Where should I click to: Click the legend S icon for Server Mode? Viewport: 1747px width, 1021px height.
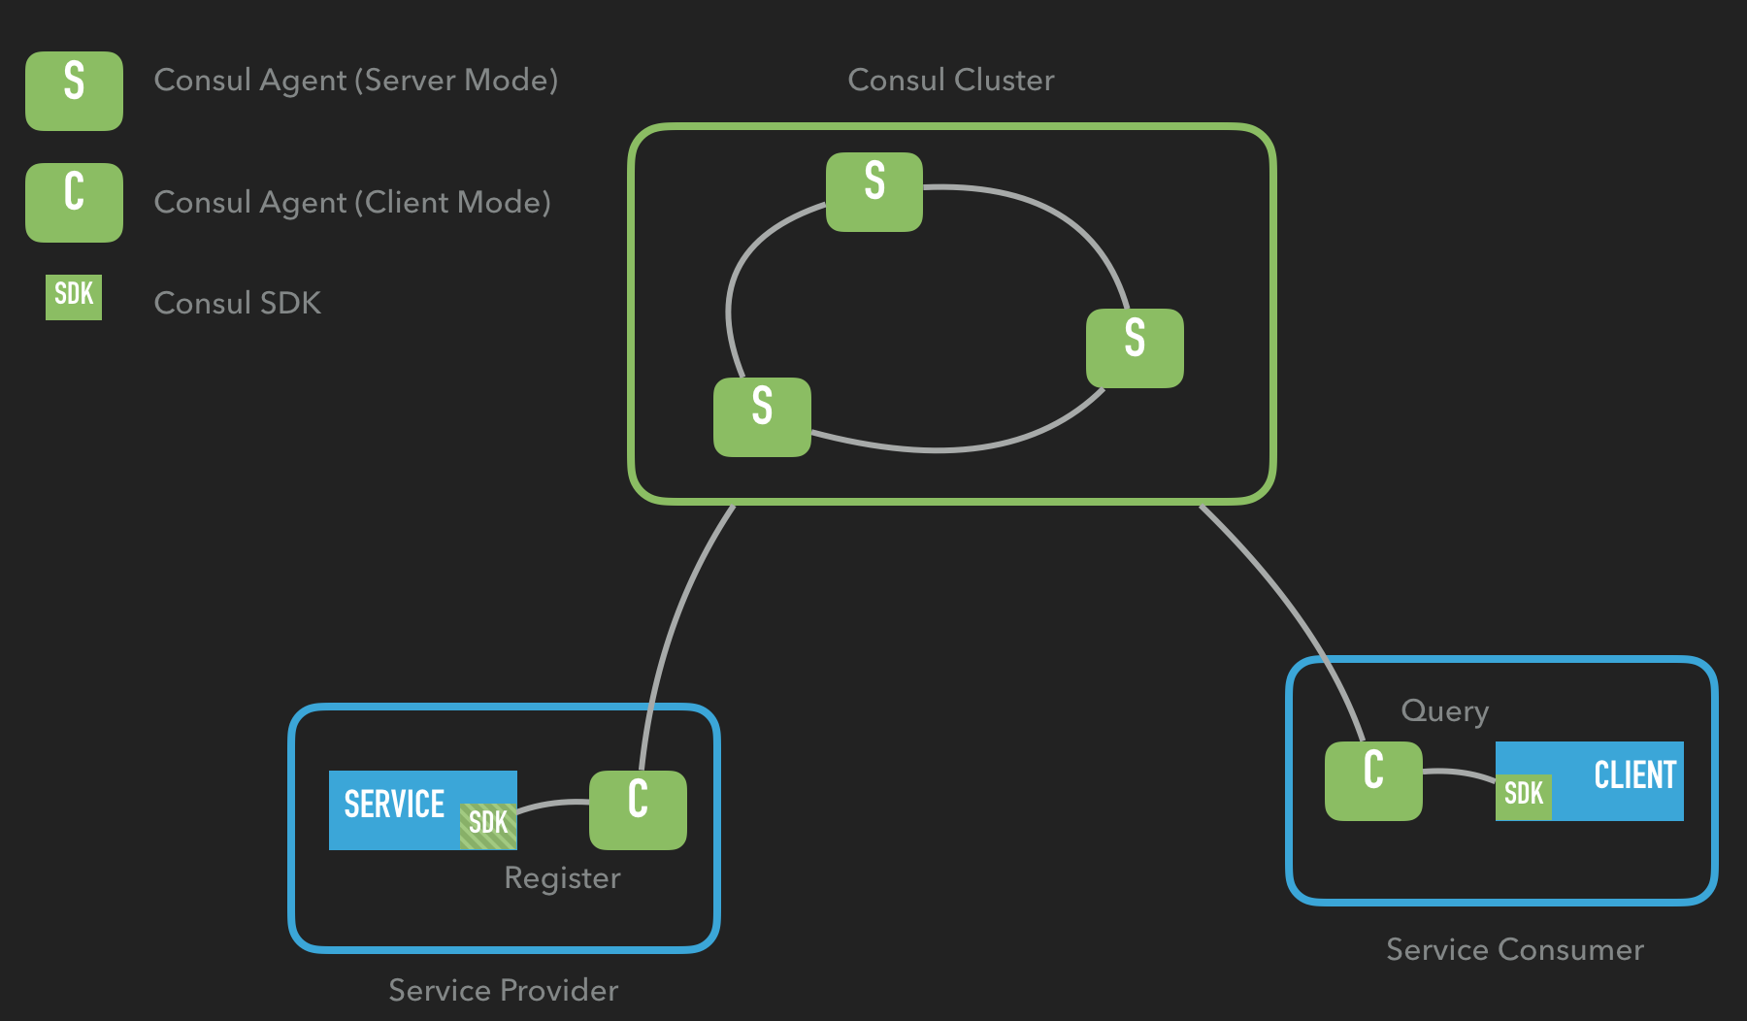pyautogui.click(x=74, y=91)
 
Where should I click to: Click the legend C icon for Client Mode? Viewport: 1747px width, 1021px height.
pyautogui.click(x=74, y=202)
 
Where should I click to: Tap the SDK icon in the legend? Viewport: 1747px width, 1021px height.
pyautogui.click(x=74, y=297)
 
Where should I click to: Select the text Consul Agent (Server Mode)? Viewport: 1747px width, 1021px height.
pyautogui.click(x=356, y=81)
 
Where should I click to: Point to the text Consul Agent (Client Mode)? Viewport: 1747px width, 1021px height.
pyautogui.click(x=352, y=203)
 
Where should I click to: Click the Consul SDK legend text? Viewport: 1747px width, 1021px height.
pyautogui.click(x=238, y=303)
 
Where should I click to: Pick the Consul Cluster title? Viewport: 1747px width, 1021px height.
pyautogui.click(x=951, y=80)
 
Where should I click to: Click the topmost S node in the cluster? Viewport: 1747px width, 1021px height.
pyautogui.click(x=874, y=192)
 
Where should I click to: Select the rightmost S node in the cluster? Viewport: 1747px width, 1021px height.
pyautogui.click(x=1135, y=348)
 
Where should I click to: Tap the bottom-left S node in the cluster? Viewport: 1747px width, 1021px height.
pyautogui.click(x=762, y=417)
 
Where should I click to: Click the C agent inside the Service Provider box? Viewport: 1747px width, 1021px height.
pyautogui.click(x=638, y=810)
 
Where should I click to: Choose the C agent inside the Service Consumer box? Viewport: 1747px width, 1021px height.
pyautogui.click(x=1373, y=781)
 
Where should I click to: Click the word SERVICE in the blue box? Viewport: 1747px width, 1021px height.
pyautogui.click(x=394, y=804)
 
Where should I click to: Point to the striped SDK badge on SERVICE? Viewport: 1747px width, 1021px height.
pyautogui.click(x=488, y=826)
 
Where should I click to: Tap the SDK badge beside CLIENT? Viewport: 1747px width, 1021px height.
pyautogui.click(x=1524, y=797)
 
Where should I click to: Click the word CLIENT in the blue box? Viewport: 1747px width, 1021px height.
pyautogui.click(x=1635, y=775)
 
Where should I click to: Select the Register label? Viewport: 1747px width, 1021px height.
pyautogui.click(x=563, y=878)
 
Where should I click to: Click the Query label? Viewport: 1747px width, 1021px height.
pyautogui.click(x=1445, y=711)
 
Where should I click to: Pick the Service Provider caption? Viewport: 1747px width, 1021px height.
pyautogui.click(x=504, y=990)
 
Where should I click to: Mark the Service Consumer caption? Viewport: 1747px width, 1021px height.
pyautogui.click(x=1515, y=949)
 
